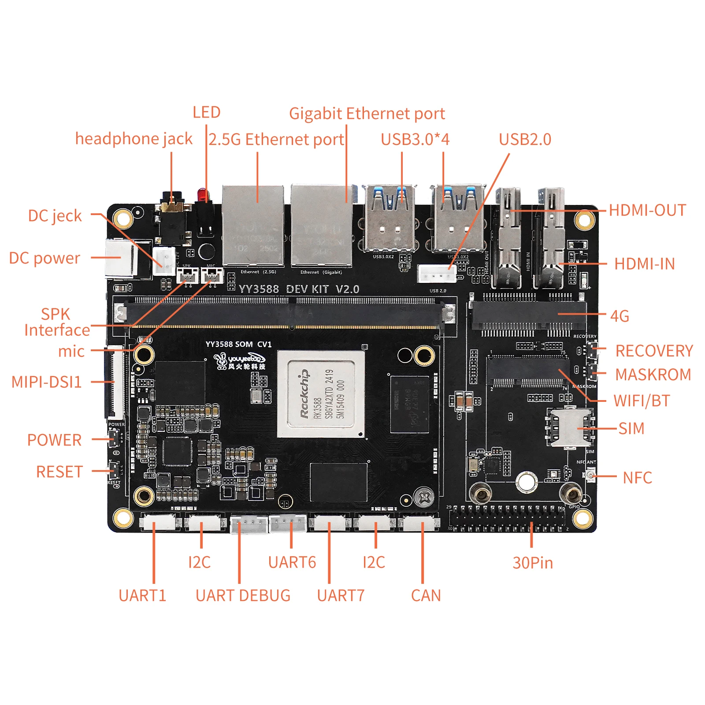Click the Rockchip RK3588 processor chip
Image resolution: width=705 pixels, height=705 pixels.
pyautogui.click(x=321, y=393)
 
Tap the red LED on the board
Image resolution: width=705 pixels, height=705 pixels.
pyautogui.click(x=202, y=194)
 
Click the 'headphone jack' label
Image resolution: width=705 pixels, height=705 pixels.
pyautogui.click(x=134, y=139)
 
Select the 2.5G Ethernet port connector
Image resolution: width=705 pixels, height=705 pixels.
pyautogui.click(x=253, y=226)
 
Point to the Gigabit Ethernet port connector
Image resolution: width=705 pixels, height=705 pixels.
pyautogui.click(x=321, y=226)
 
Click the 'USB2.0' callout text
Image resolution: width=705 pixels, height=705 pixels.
pyautogui.click(x=525, y=140)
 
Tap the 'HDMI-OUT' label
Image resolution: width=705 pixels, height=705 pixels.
pyautogui.click(x=647, y=210)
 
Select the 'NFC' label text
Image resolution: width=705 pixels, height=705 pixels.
pyautogui.click(x=637, y=478)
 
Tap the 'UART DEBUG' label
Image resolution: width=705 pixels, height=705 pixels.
pyautogui.click(x=243, y=596)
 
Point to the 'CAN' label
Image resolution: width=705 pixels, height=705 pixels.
pyautogui.click(x=426, y=596)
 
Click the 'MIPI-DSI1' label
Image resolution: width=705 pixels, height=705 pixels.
pyautogui.click(x=47, y=382)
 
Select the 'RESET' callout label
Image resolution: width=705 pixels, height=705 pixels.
pyautogui.click(x=59, y=472)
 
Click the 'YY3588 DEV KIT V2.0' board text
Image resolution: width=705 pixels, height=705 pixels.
pyautogui.click(x=299, y=289)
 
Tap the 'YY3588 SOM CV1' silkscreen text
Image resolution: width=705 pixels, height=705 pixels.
pyautogui.click(x=238, y=344)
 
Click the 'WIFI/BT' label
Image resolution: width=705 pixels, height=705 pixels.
pyautogui.click(x=642, y=401)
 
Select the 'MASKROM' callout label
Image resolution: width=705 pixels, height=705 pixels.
pyautogui.click(x=653, y=375)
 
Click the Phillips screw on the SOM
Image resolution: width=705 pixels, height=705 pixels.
pyautogui.click(x=423, y=498)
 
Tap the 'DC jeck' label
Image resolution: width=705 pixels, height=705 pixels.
pyautogui.click(x=55, y=216)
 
